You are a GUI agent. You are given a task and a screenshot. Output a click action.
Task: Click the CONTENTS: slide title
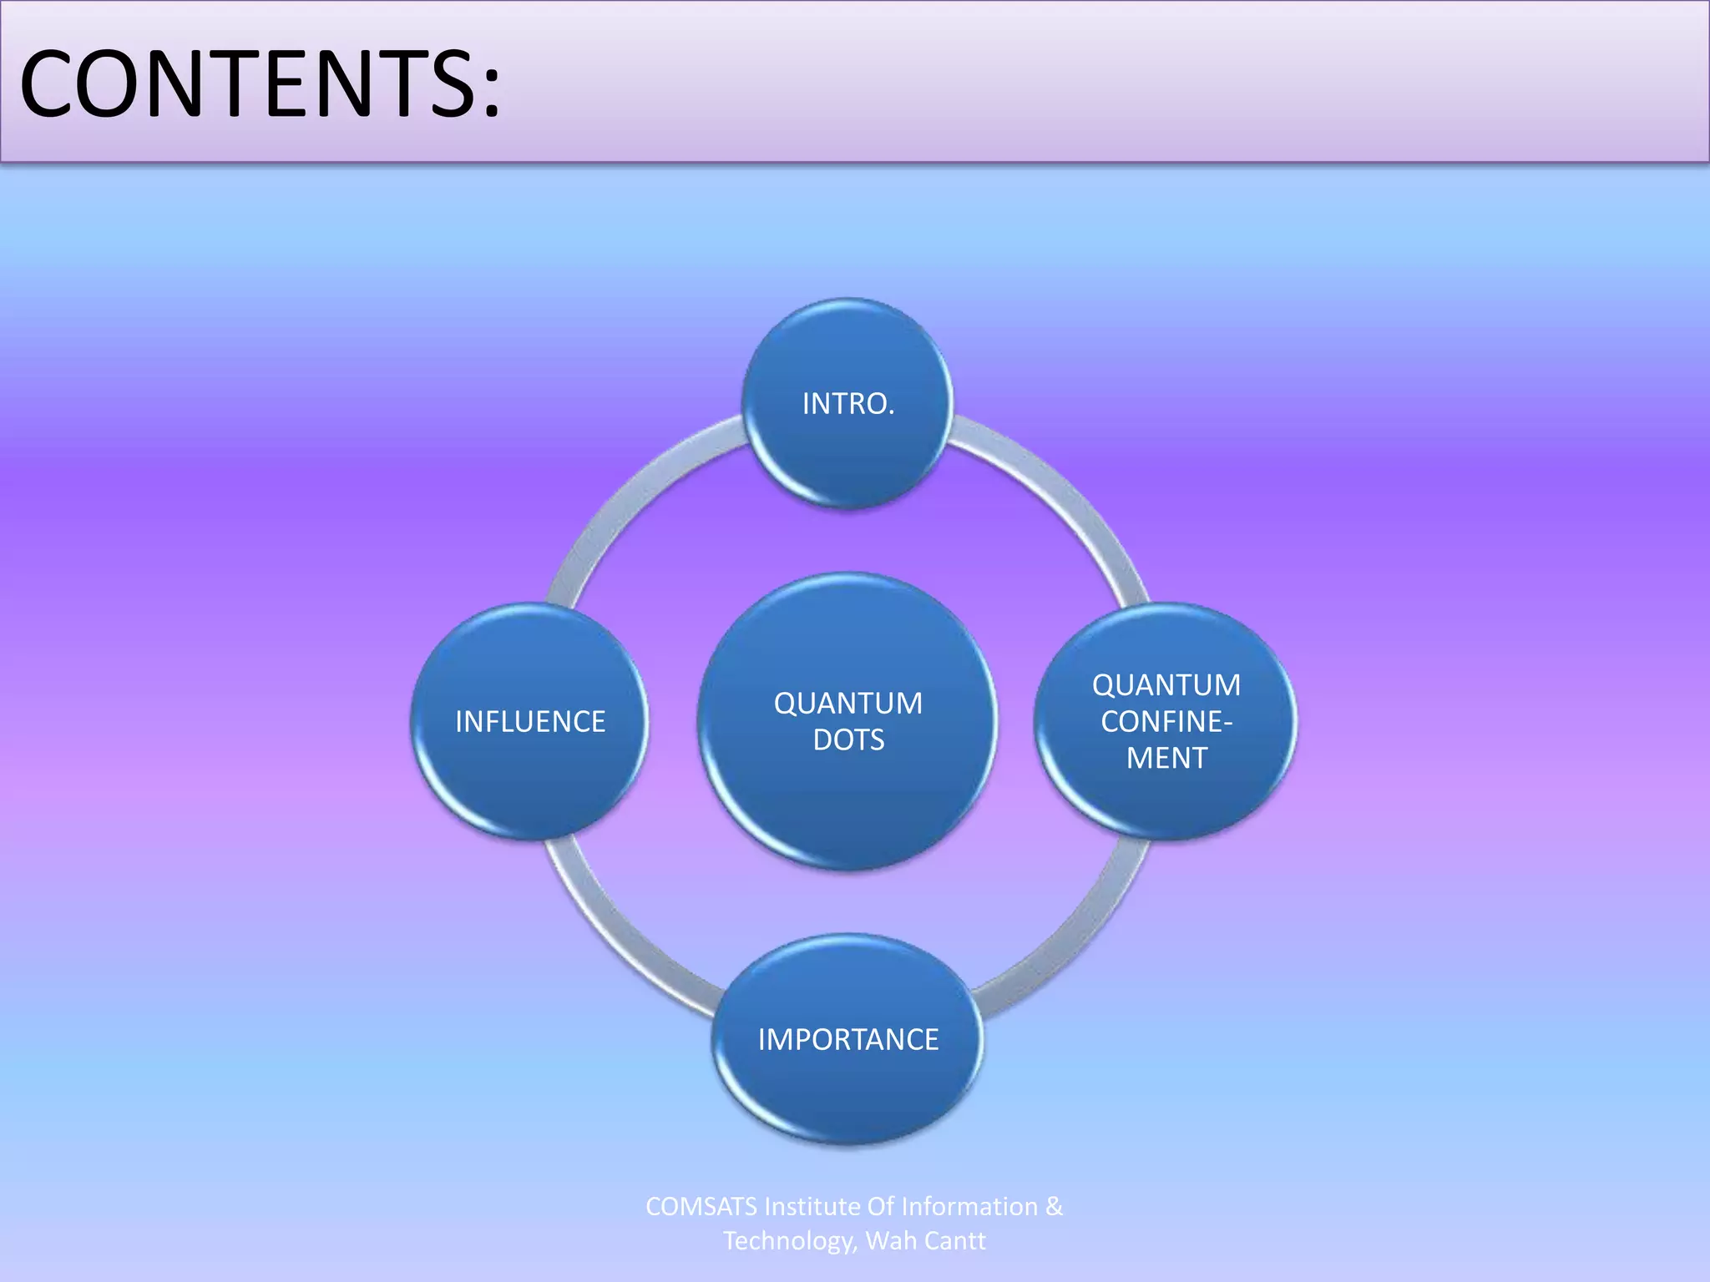pyautogui.click(x=259, y=83)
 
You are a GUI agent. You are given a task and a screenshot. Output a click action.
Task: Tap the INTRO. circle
pyautogui.click(x=848, y=404)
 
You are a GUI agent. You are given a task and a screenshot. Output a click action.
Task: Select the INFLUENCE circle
pyautogui.click(x=529, y=721)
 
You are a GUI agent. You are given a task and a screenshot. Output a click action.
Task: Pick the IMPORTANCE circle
pyautogui.click(x=848, y=1039)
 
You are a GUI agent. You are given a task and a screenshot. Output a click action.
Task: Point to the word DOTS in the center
pyautogui.click(x=848, y=740)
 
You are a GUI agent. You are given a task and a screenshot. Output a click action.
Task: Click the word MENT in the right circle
pyautogui.click(x=1166, y=758)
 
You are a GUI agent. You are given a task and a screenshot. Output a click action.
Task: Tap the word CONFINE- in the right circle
pyautogui.click(x=1166, y=721)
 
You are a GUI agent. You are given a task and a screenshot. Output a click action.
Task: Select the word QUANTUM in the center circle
pyautogui.click(x=848, y=704)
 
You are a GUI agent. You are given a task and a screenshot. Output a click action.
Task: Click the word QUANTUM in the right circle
pyautogui.click(x=1166, y=685)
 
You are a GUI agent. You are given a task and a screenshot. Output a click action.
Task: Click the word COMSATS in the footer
pyautogui.click(x=701, y=1207)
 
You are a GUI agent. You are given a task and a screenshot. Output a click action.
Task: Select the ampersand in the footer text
pyautogui.click(x=1054, y=1207)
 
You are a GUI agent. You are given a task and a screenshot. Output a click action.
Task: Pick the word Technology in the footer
pyautogui.click(x=789, y=1241)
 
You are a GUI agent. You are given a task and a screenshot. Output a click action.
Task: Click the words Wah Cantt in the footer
pyautogui.click(x=925, y=1241)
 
